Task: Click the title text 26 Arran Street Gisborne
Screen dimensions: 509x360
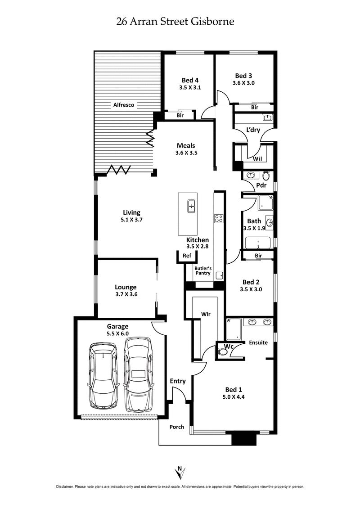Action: pyautogui.click(x=175, y=21)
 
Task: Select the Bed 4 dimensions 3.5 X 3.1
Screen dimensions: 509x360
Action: pyautogui.click(x=189, y=88)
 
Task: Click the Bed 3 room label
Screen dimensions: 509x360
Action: pyautogui.click(x=243, y=75)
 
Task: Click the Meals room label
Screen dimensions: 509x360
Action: pyautogui.click(x=186, y=145)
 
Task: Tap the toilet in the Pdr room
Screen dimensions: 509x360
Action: pyautogui.click(x=265, y=175)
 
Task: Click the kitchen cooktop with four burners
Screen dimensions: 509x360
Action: pyautogui.click(x=219, y=219)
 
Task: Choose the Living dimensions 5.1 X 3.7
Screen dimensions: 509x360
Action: pyautogui.click(x=131, y=220)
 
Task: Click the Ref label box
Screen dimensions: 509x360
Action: pyautogui.click(x=187, y=256)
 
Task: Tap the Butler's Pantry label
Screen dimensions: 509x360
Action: pyautogui.click(x=202, y=271)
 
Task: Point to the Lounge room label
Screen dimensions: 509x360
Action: pyautogui.click(x=126, y=287)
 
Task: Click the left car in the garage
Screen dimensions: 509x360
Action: pyautogui.click(x=104, y=375)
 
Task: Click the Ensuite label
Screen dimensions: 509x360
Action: pyautogui.click(x=258, y=342)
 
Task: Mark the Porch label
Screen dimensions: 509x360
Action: pyautogui.click(x=176, y=427)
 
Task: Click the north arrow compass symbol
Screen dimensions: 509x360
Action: pyautogui.click(x=180, y=473)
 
